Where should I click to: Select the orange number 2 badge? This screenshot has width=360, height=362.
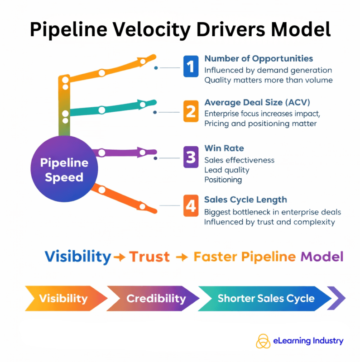pos(191,111)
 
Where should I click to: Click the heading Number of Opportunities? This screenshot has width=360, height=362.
pos(258,59)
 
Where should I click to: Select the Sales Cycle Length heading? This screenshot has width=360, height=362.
pos(245,200)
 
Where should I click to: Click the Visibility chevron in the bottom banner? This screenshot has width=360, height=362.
pos(63,299)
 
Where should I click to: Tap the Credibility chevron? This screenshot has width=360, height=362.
pos(156,299)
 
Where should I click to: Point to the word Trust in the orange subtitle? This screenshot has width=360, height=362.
pos(149,257)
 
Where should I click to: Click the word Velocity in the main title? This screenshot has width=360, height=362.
pos(135,29)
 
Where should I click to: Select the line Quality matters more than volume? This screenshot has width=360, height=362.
pos(269,80)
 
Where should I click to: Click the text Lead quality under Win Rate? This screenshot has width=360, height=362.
pos(226,170)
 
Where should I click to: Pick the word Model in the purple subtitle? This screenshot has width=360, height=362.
pos(322,257)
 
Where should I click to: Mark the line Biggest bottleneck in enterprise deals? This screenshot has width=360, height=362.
pos(273,212)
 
